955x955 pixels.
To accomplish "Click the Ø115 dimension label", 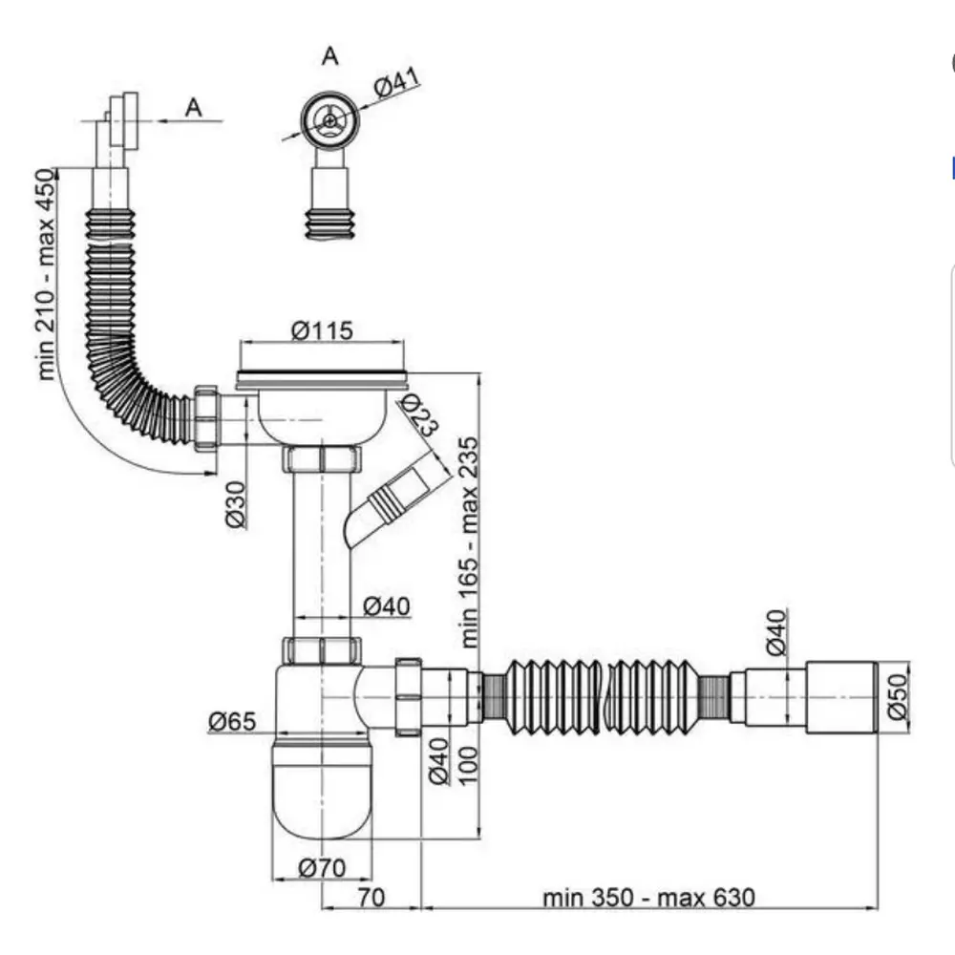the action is (322, 330).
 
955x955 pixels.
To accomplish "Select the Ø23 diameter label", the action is (419, 414).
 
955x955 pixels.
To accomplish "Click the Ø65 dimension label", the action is (232, 721).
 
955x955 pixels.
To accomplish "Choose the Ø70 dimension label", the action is (322, 867).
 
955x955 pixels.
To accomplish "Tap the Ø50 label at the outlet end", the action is (898, 696).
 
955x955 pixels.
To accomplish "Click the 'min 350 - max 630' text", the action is (648, 898).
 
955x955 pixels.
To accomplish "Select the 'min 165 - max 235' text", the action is (470, 542).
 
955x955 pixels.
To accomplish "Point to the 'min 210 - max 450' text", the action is (46, 275).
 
